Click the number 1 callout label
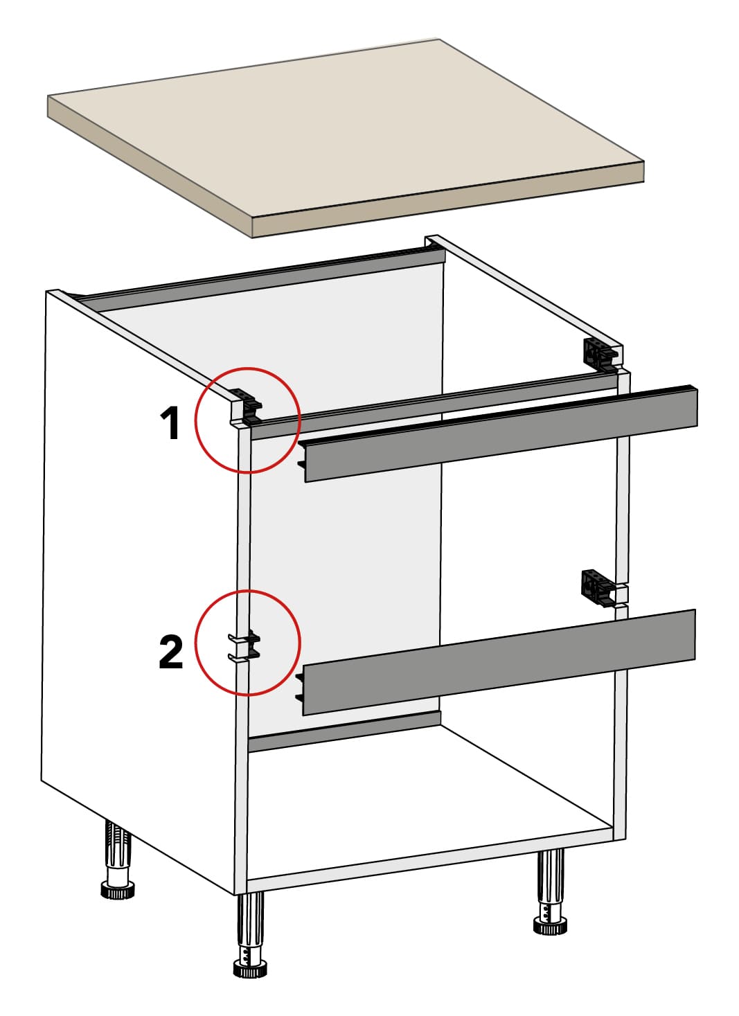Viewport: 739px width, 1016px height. tap(170, 424)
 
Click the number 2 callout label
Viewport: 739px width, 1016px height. tap(171, 652)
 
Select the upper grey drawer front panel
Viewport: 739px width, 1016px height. tap(500, 433)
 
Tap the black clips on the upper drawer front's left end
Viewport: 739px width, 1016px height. tap(301, 455)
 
